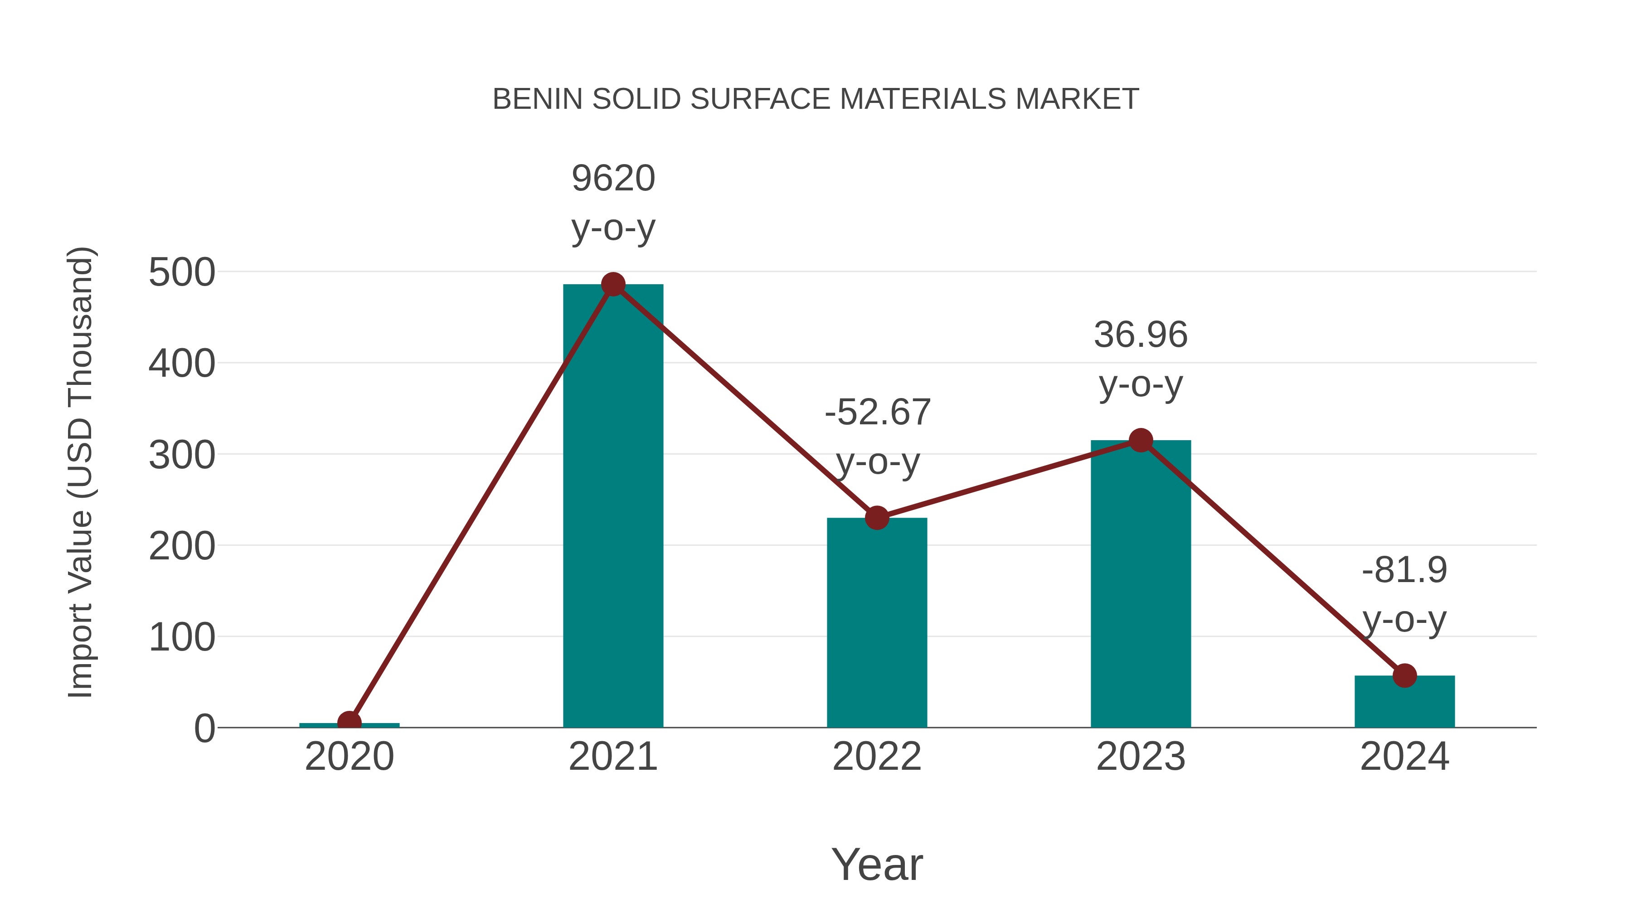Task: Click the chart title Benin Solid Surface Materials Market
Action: click(816, 99)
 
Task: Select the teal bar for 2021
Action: click(612, 507)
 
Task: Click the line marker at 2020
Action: click(349, 722)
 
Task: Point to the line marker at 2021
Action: click(612, 285)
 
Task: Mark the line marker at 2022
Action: click(877, 518)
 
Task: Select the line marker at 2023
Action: click(1141, 440)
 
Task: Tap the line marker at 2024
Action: click(1404, 676)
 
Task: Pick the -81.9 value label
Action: click(1404, 570)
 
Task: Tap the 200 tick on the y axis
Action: click(182, 546)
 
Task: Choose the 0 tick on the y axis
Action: click(204, 729)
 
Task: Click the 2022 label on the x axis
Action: click(877, 757)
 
